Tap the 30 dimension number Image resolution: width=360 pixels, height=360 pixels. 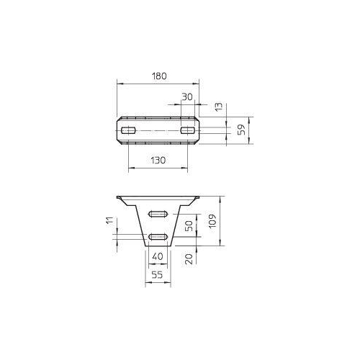pyautogui.click(x=187, y=96)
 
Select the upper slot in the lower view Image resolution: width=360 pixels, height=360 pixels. pyautogui.click(x=158, y=214)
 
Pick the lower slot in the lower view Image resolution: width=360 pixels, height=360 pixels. pyautogui.click(x=158, y=236)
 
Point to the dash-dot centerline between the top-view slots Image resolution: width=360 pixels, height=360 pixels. pyautogui.click(x=158, y=130)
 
